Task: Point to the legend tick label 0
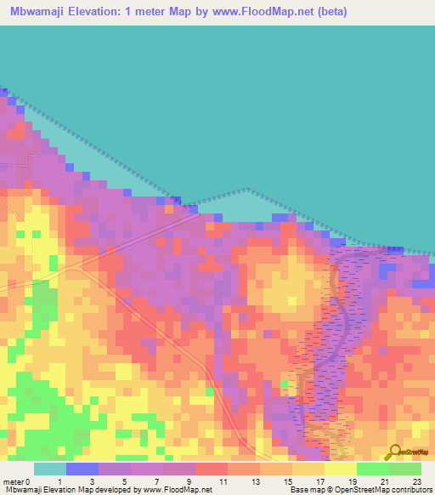28,481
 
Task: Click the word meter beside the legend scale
13,481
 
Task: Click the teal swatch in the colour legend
49,469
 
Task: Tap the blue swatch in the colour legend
82,469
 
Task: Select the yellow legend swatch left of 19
340,469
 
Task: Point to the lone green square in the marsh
285,384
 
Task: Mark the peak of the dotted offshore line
246,189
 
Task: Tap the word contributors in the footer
410,491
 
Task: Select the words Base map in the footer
303,491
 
